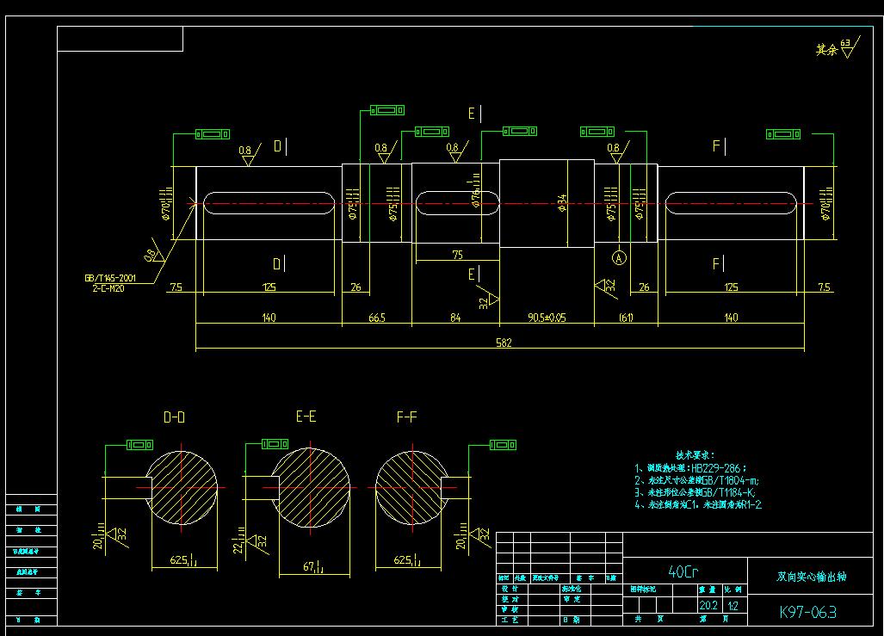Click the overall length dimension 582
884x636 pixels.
504,343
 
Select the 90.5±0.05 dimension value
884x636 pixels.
547,318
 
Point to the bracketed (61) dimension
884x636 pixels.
626,318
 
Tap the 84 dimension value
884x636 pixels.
455,318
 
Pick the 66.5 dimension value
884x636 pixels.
376,318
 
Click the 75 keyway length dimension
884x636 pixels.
457,255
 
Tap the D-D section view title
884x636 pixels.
174,417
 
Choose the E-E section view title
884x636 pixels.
306,417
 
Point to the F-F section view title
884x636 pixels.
406,417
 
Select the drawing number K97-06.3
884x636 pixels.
807,612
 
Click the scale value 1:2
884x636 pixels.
733,605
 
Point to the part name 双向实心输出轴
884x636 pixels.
811,576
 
